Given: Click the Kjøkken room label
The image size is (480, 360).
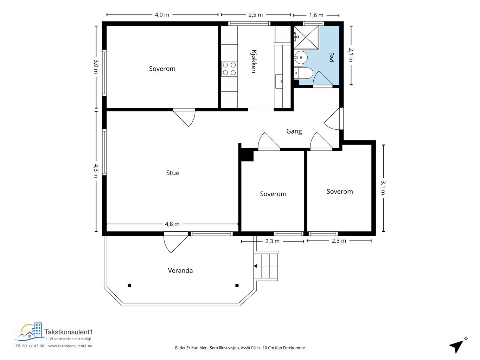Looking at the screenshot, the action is (254, 62).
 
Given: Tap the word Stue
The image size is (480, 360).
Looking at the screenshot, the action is (173, 173).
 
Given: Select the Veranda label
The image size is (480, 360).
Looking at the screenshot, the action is (180, 271).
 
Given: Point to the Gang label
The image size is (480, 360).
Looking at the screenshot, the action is (294, 131).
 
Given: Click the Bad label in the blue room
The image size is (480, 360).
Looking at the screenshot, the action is (332, 57).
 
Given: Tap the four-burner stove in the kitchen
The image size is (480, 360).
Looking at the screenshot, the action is (229, 69).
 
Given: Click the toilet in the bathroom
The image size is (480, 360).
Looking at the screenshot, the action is (303, 73).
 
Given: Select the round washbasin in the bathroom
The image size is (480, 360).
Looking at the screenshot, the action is (301, 58).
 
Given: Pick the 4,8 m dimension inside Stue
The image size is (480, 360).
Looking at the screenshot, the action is (172, 224).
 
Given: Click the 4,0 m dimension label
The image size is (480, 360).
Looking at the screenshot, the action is (162, 15).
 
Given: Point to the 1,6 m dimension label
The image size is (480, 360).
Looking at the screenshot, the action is (316, 15).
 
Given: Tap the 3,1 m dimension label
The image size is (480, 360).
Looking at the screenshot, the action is (383, 187).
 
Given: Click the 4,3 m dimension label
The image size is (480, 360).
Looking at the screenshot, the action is (96, 171).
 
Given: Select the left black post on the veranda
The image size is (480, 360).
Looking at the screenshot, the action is (129, 285).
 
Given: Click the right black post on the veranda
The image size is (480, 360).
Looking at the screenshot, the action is (237, 285).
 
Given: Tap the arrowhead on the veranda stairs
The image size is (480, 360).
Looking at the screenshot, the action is (255, 266).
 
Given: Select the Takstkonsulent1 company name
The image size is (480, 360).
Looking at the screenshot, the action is (69, 332).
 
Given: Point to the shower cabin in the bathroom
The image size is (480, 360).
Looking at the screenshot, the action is (306, 37).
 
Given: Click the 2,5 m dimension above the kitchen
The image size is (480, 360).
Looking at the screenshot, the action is (256, 15).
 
